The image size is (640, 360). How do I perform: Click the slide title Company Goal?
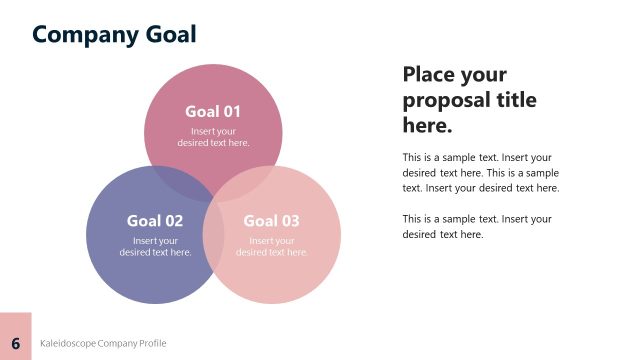coord(114,34)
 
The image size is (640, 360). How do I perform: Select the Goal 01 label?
coord(213,111)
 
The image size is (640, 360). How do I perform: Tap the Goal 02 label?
coord(155,221)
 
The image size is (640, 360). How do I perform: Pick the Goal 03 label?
coord(272,221)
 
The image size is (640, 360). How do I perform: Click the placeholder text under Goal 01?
coord(213,137)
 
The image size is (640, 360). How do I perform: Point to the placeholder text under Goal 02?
coord(155,246)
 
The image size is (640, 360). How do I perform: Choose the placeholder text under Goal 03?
coord(272,246)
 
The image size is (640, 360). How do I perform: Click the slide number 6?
coord(16,343)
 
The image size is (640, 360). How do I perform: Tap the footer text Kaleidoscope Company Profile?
coord(103,343)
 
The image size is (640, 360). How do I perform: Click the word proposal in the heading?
coord(445,101)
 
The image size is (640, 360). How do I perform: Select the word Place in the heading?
coord(431,75)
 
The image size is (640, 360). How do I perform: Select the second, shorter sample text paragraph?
coord(477,227)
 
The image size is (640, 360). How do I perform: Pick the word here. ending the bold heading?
coord(428,127)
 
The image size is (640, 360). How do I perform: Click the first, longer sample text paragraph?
coord(481,172)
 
